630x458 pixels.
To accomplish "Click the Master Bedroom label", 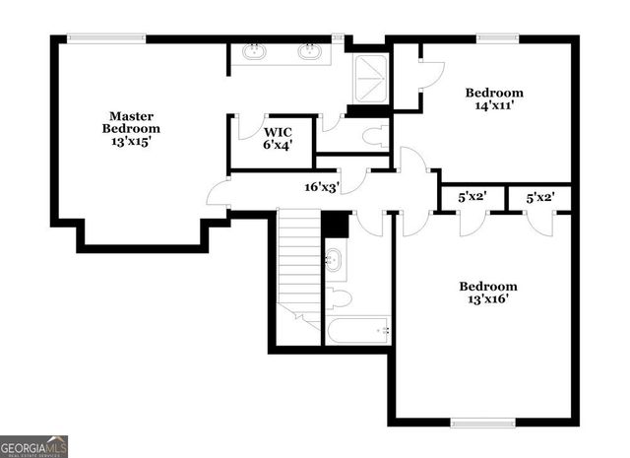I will pyautogui.click(x=133, y=122).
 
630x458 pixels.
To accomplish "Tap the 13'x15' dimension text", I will pyautogui.click(x=133, y=142).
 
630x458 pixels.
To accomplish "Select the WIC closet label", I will pyautogui.click(x=275, y=131).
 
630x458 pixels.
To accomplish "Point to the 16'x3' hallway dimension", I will pyautogui.click(x=322, y=185).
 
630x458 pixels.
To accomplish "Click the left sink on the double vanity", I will pyautogui.click(x=255, y=51).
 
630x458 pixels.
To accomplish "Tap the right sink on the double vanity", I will pyautogui.click(x=311, y=51).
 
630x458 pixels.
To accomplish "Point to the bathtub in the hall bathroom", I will pyautogui.click(x=359, y=330).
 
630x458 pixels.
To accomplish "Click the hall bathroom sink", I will pyautogui.click(x=335, y=260).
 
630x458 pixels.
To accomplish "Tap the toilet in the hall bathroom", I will pyautogui.click(x=338, y=298).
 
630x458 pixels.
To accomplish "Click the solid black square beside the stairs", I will pyautogui.click(x=336, y=225).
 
